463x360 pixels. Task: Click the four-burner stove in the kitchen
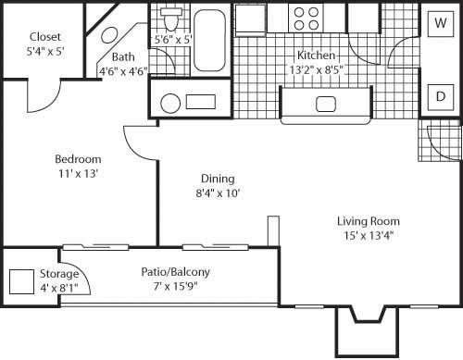coord(307,17)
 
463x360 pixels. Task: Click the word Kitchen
coord(315,54)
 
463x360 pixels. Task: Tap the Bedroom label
coord(77,158)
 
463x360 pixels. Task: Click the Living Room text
coord(369,221)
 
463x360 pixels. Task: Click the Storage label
coord(59,274)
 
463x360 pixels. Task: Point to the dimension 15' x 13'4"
coord(369,236)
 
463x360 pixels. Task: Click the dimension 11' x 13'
coord(77,173)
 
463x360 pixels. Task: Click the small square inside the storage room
coord(20,281)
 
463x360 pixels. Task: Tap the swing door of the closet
coord(44,93)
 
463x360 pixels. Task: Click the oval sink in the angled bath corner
coord(108,34)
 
